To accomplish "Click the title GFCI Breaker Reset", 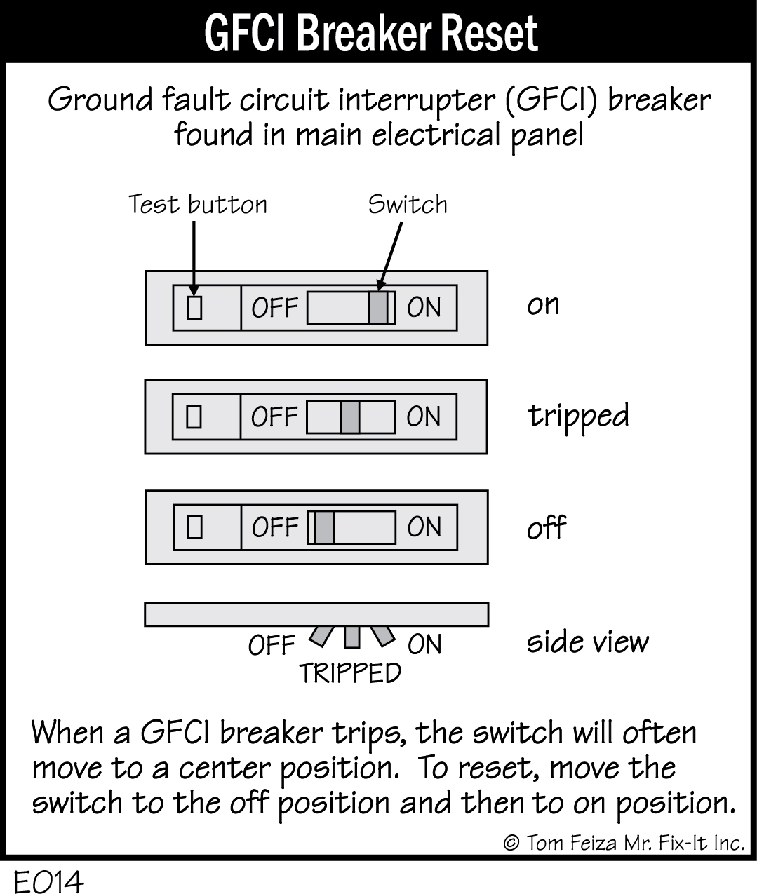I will [371, 32].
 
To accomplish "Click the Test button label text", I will [197, 205].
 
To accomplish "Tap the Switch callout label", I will [407, 204].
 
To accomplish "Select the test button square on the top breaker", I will [194, 307].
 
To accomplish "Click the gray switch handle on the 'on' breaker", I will [377, 308].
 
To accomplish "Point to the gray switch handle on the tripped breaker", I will [350, 416].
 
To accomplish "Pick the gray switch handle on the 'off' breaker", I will [323, 527].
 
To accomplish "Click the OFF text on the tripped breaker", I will [274, 417].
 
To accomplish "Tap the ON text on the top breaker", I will [424, 308].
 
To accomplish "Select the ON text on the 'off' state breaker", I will [424, 527].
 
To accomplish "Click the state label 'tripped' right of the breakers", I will [578, 416].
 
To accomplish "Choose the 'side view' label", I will [588, 642].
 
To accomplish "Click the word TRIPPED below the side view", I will [350, 673].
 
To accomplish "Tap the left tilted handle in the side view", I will [321, 636].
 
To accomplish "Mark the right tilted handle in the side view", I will [382, 635].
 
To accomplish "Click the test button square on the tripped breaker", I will [194, 417].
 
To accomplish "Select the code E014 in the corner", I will [48, 882].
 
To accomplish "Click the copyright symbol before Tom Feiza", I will [511, 843].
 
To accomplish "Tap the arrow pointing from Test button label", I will [193, 256].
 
